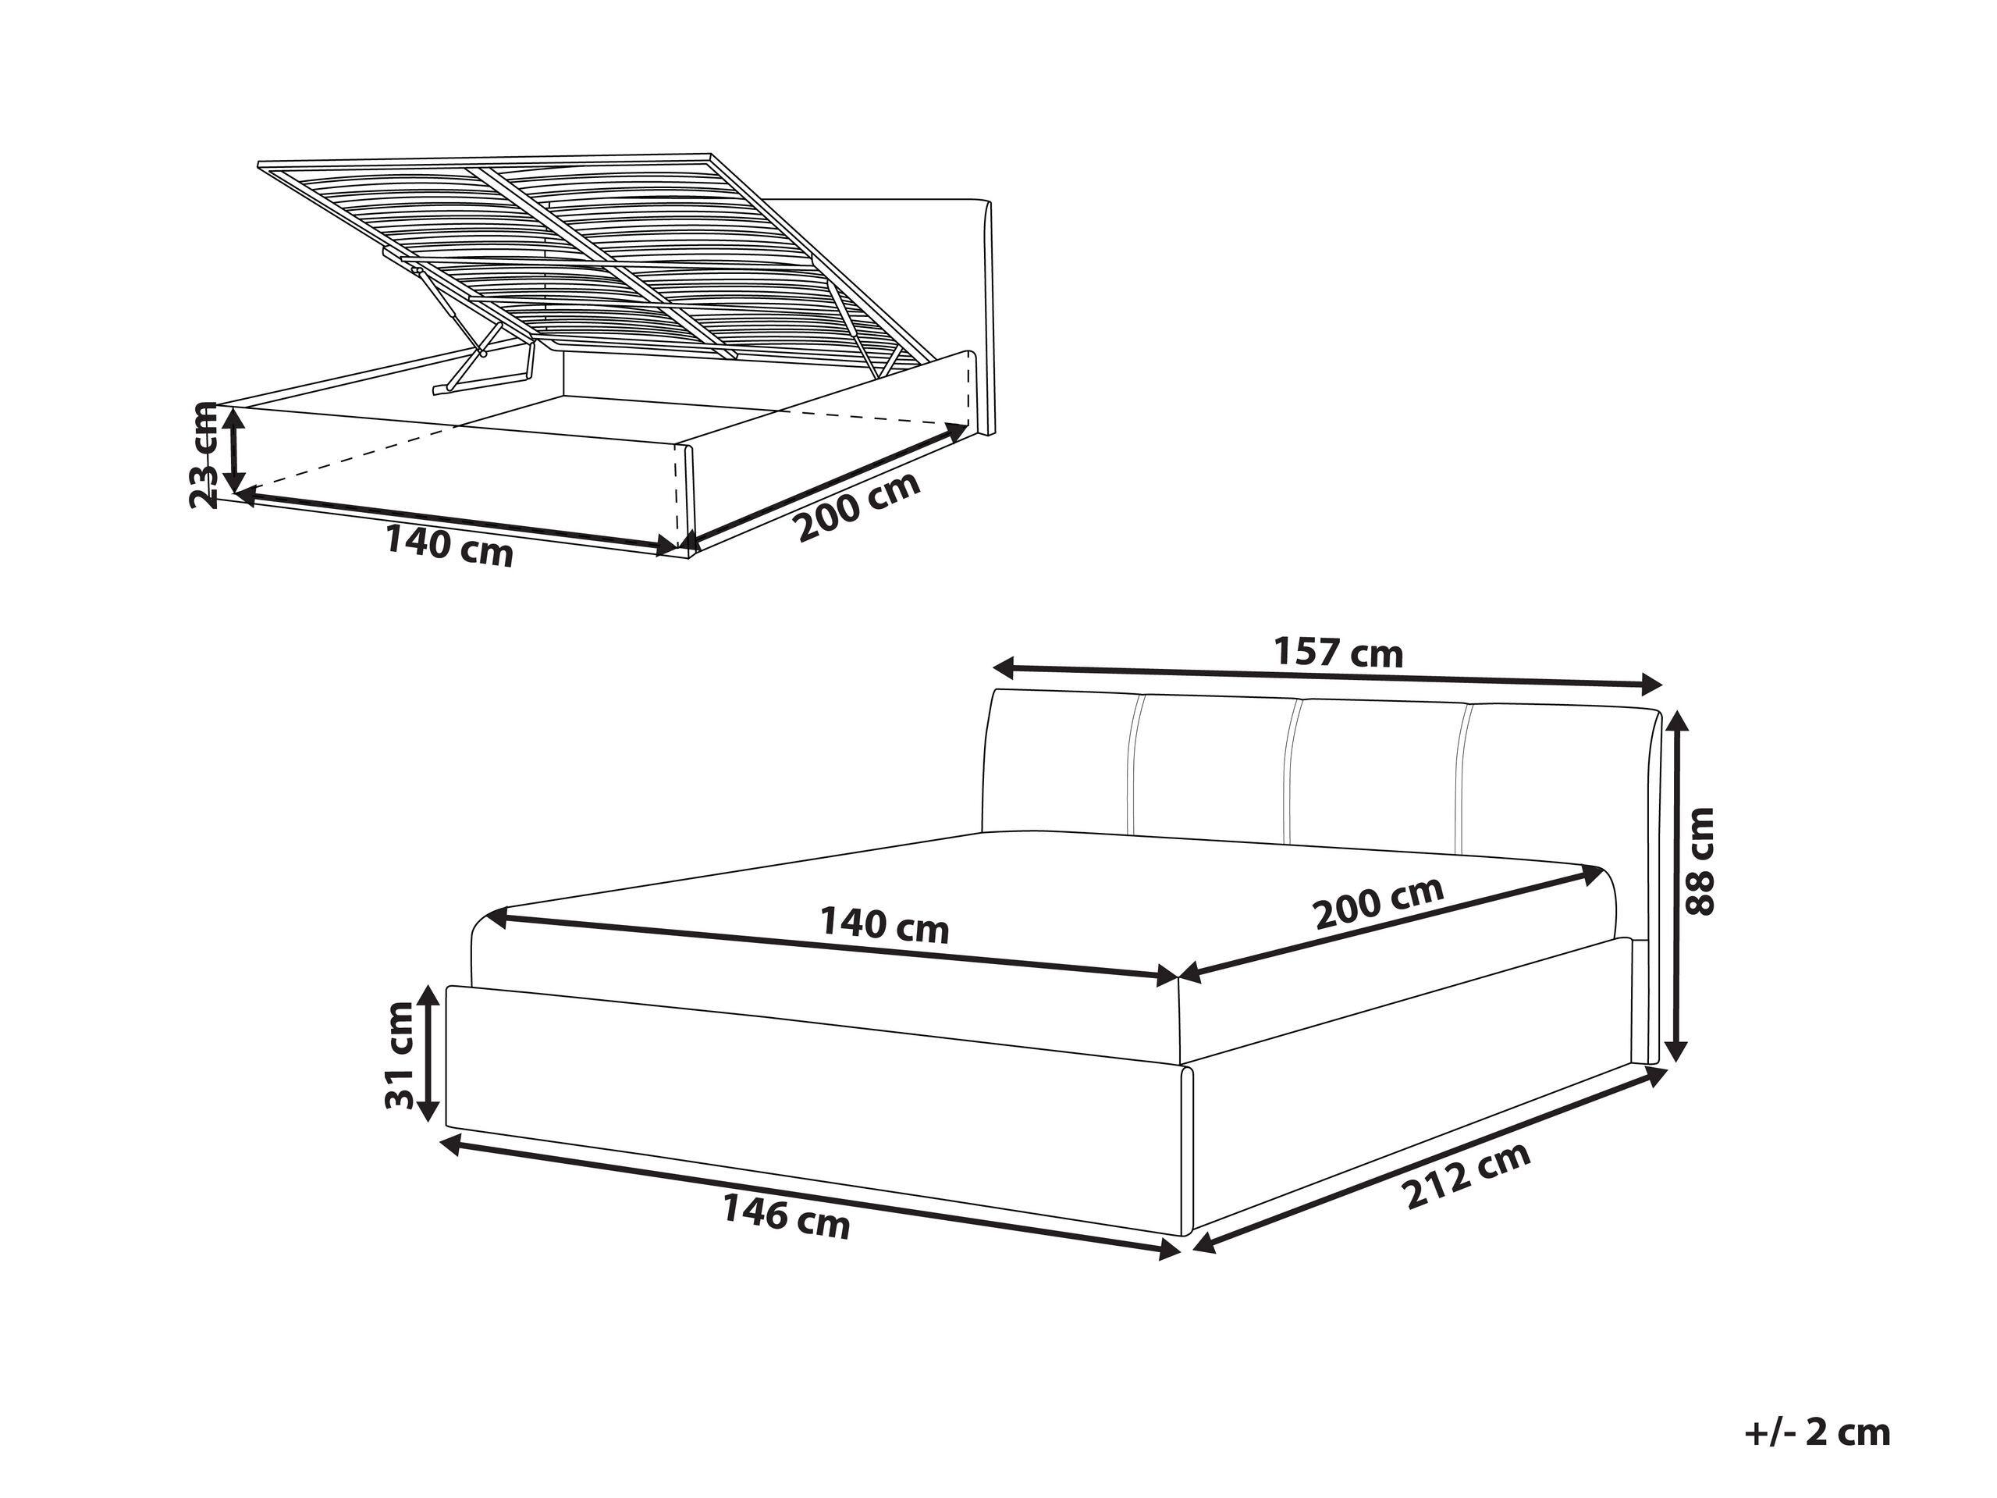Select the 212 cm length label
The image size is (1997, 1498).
[x=1466, y=1176]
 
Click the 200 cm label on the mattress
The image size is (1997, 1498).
[x=1379, y=903]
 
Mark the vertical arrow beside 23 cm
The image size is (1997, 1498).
[x=236, y=450]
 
